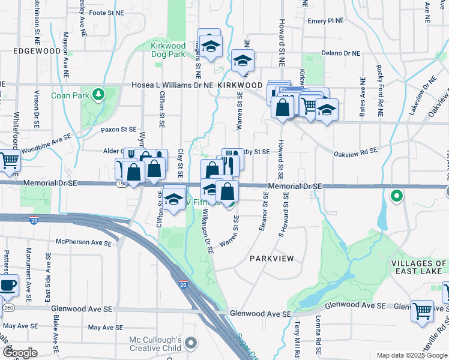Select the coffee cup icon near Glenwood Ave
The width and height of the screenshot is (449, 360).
click(x=8, y=286)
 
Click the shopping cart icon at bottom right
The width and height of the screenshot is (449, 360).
click(x=423, y=310)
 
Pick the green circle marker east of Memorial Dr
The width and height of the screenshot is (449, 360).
click(x=396, y=196)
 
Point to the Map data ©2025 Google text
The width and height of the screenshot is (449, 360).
click(x=411, y=355)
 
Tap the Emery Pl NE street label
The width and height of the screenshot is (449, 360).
click(x=325, y=20)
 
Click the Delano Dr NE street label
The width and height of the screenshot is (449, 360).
click(x=340, y=53)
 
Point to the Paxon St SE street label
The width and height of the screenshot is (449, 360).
click(x=119, y=129)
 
